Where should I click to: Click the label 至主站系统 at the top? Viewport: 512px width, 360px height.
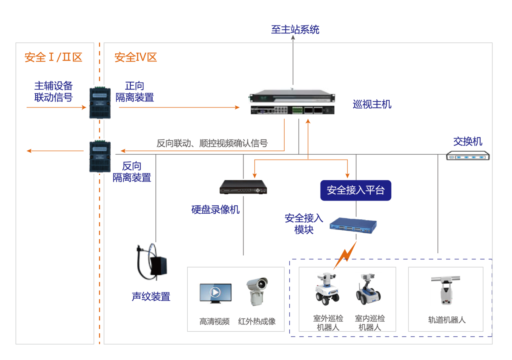295,29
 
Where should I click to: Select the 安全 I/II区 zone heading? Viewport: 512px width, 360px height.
53,57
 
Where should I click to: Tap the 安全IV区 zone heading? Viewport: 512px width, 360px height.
136,57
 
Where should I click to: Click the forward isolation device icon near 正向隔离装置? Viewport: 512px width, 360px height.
100,102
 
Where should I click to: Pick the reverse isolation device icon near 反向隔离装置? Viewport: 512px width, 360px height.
100,156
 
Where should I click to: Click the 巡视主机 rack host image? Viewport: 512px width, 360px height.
300,101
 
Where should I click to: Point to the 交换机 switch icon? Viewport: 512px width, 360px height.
468,156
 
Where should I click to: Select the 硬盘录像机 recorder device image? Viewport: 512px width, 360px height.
243,187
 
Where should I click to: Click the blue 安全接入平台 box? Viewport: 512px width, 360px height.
356,190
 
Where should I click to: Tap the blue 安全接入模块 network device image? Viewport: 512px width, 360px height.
352,225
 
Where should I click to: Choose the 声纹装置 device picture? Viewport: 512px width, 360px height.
150,262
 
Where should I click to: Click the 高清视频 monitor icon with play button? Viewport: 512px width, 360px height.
215,293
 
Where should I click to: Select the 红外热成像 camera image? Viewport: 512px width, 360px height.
257,291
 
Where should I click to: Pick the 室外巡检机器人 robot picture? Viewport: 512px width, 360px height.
327,288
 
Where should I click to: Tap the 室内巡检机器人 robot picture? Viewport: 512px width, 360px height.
368,288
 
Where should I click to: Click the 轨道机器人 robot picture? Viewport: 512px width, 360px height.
445,291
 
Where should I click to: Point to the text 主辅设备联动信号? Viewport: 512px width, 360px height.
53,92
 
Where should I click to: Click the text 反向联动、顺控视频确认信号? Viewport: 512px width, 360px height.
212,143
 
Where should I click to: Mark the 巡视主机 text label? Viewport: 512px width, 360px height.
372,105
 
